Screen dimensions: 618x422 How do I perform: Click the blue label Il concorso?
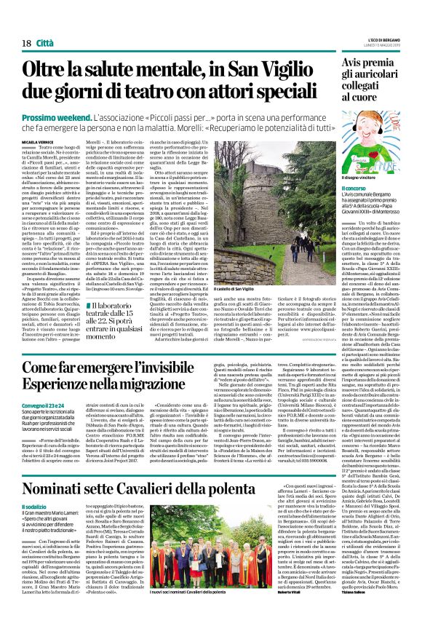[x=351, y=189]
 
